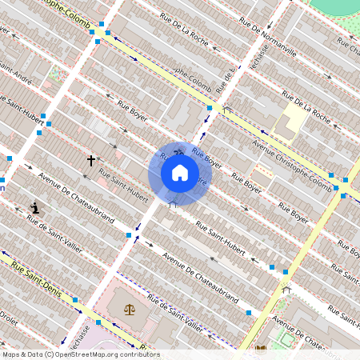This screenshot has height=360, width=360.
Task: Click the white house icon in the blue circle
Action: [179, 172]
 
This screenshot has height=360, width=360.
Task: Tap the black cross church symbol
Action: [91, 161]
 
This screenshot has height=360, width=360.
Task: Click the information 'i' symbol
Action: [35, 208]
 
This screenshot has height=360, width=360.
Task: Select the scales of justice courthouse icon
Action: [129, 306]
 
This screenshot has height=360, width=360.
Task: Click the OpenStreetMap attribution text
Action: [80, 354]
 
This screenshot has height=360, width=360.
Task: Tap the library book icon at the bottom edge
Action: [261, 349]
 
